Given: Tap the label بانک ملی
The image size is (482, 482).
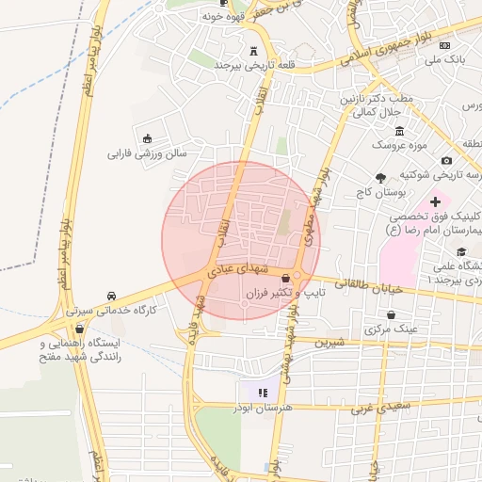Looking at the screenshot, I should pyautogui.click(x=445, y=60).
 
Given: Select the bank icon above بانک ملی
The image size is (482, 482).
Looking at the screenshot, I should pyautogui.click(x=444, y=45).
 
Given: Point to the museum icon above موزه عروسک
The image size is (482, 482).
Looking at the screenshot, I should pyautogui.click(x=400, y=130).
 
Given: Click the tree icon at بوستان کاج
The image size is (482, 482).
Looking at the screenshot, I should pyautogui.click(x=380, y=177).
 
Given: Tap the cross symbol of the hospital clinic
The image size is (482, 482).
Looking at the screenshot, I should pyautogui.click(x=435, y=201).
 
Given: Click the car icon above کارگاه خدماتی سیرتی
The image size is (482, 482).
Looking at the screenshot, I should pyautogui.click(x=112, y=295).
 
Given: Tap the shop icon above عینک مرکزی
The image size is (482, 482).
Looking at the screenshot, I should pyautogui.click(x=391, y=314).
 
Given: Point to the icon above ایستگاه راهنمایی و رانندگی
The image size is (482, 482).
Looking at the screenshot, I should pyautogui.click(x=79, y=330).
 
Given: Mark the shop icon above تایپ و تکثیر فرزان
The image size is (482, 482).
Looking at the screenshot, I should pyautogui.click(x=285, y=280).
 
